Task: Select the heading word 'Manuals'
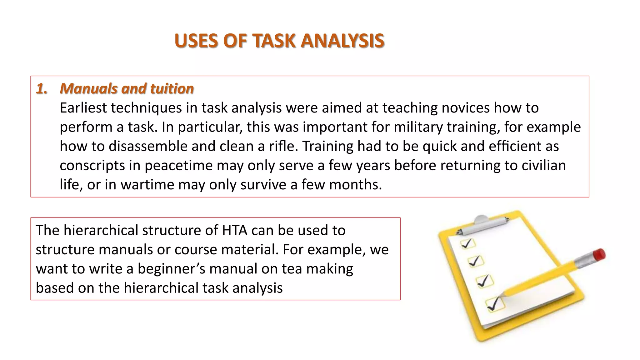click(88, 89)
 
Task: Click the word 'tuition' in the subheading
click(172, 89)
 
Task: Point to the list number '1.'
click(42, 89)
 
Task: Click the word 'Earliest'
click(83, 108)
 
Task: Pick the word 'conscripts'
click(92, 166)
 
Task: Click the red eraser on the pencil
click(599, 254)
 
